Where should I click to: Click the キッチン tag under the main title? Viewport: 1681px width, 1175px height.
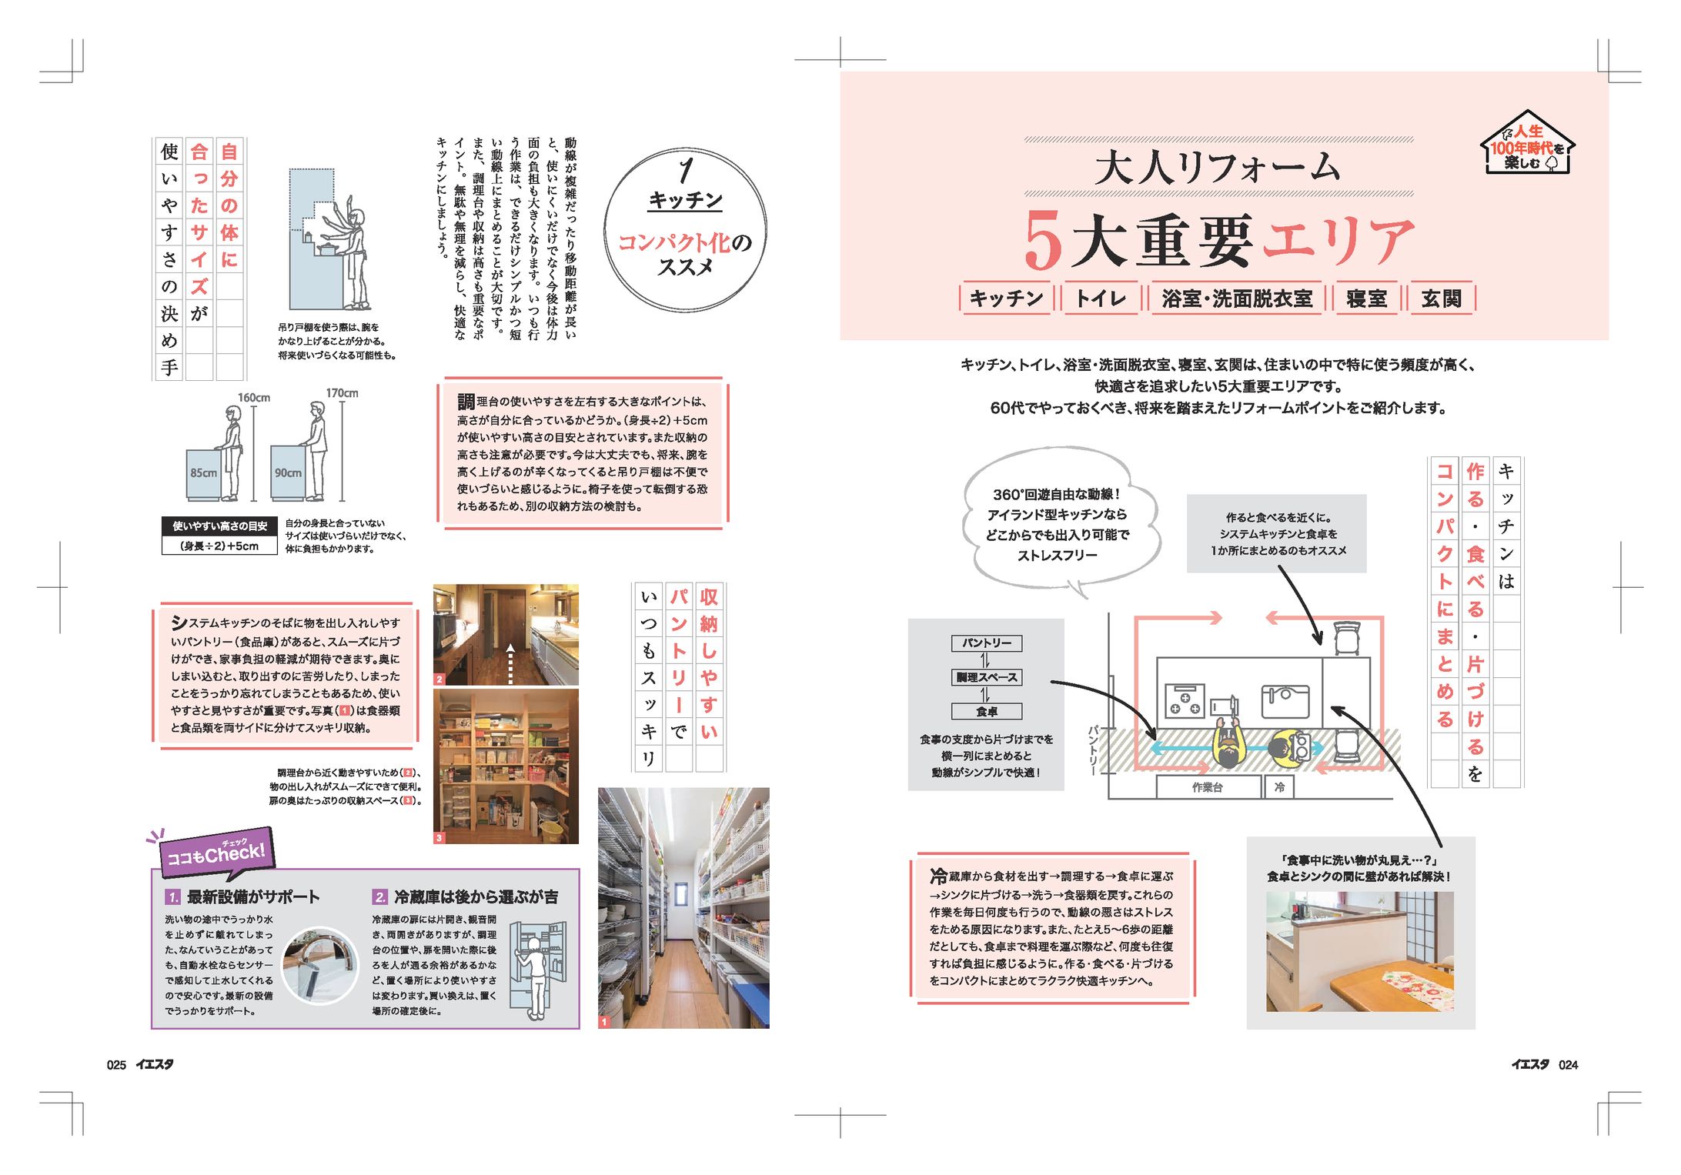1006,299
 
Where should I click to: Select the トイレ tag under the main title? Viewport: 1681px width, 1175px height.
1101,299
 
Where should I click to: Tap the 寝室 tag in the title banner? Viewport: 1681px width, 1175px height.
1367,299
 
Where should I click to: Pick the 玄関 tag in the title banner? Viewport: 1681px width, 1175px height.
1442,299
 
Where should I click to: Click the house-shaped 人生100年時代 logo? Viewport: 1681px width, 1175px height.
1527,144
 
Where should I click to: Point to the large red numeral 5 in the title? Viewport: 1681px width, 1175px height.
1043,240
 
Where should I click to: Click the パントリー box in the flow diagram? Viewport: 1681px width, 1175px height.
987,643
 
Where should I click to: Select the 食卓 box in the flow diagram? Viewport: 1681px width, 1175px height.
987,712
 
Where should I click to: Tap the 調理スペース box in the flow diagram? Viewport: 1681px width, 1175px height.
987,677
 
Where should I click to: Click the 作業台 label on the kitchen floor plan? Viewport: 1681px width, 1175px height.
1208,787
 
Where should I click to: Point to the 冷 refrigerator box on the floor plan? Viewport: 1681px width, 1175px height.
1279,787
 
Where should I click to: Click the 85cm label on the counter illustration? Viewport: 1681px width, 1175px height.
204,473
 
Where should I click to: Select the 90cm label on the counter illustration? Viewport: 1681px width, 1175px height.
288,473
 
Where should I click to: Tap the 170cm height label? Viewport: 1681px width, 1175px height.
342,393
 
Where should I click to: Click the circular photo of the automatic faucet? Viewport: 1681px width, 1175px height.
320,965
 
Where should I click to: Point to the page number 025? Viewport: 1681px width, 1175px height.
116,1065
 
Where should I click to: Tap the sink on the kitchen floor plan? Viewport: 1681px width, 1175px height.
1285,700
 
